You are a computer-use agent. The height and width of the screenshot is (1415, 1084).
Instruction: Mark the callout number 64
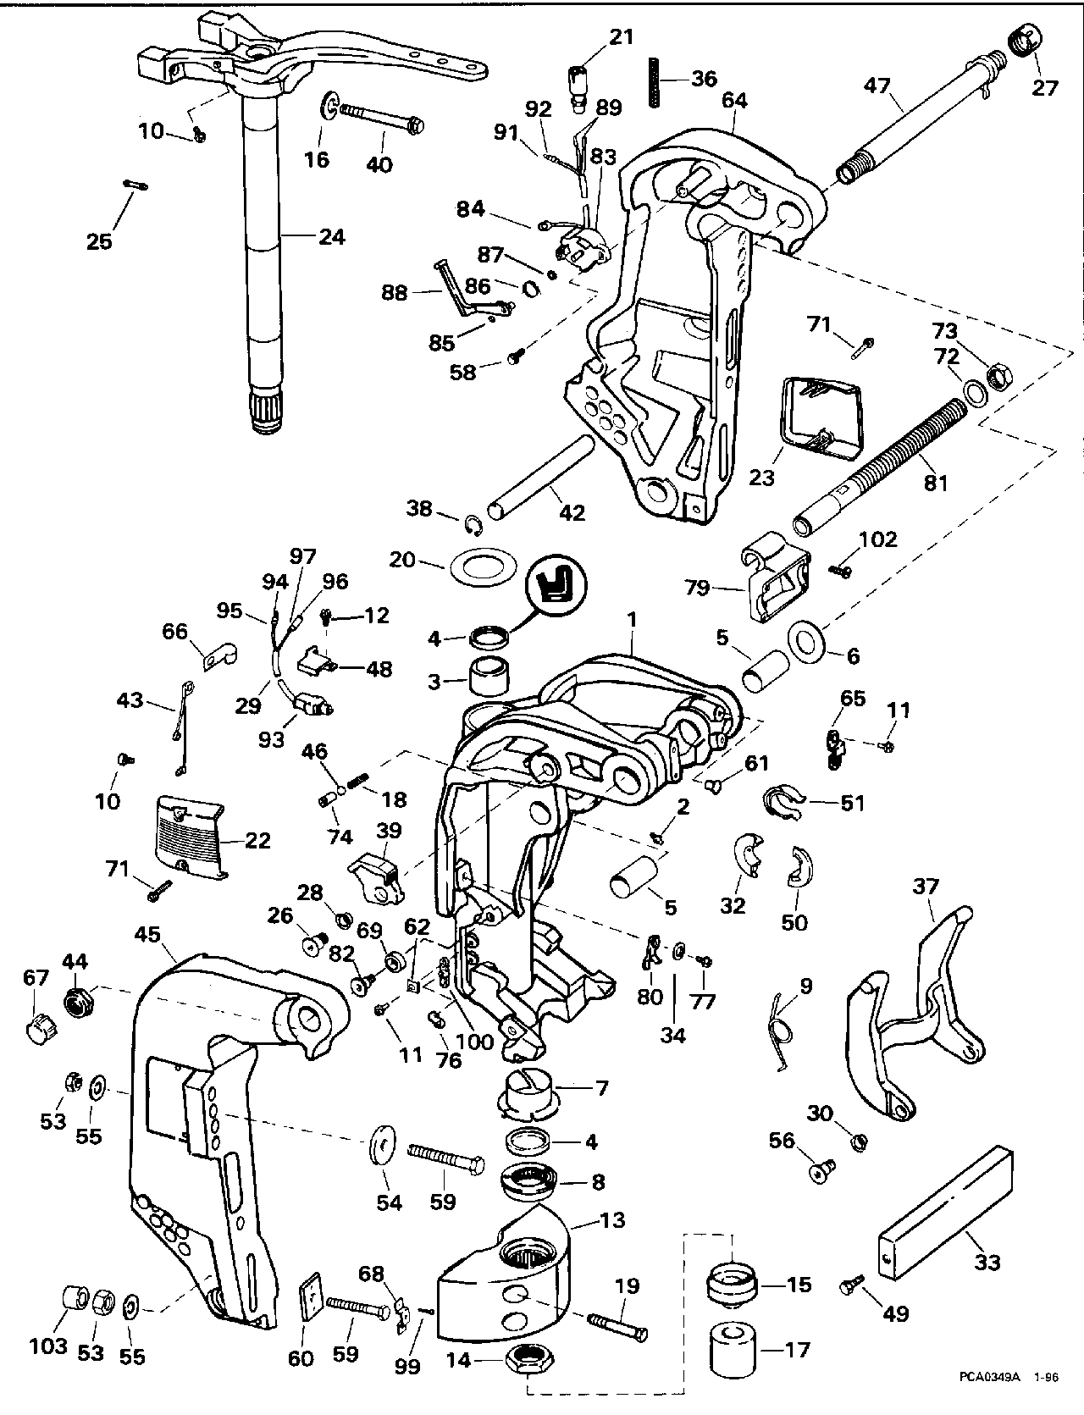coord(734,100)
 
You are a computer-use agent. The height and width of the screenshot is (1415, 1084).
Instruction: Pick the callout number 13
coord(612,1219)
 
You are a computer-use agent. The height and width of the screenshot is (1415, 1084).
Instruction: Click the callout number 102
coord(879,539)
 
